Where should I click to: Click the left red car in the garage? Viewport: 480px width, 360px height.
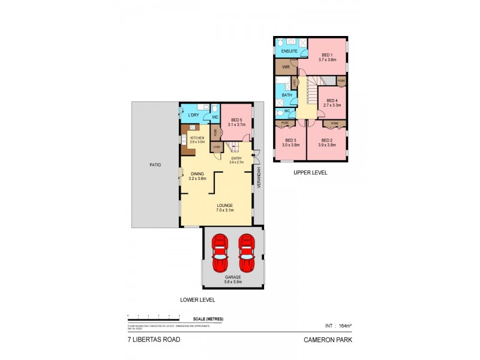coord(220,254)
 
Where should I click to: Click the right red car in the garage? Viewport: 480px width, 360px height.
coord(246,254)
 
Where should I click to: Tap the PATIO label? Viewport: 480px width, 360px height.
coord(155,164)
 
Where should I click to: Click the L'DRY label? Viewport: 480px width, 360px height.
coord(193,115)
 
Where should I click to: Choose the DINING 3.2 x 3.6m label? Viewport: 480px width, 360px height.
coord(197,176)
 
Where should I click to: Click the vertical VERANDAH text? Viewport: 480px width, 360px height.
coord(259,178)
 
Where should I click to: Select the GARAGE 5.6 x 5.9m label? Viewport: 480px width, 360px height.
coord(233,279)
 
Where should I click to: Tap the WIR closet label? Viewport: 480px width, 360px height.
coord(286,67)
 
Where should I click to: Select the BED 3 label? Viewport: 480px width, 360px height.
coord(292,143)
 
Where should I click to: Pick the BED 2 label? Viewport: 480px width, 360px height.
coord(327,143)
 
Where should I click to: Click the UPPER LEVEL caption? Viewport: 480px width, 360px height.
coord(310,172)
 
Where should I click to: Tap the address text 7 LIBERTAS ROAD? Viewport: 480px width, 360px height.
coord(154,339)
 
